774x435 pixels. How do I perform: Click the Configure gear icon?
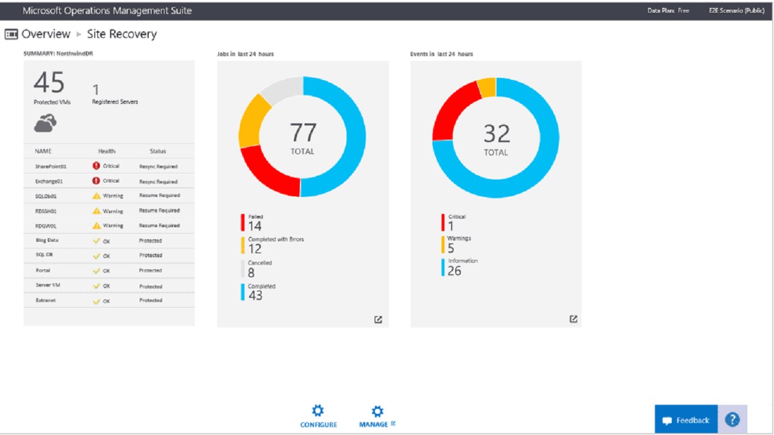pos(318,411)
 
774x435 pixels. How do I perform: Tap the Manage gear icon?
pos(377,411)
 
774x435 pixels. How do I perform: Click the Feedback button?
pos(686,420)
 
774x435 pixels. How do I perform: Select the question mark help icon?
pos(732,419)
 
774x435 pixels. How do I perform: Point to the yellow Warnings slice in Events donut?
pos(487,87)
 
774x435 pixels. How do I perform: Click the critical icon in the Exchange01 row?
pos(96,181)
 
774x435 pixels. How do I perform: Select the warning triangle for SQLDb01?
pos(96,196)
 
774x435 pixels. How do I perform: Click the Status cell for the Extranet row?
pos(151,300)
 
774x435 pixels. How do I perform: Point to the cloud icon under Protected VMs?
pos(45,123)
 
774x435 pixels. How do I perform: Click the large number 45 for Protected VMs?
pos(49,83)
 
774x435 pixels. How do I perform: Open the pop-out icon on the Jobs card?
pos(378,320)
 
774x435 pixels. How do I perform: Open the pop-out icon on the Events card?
pos(573,319)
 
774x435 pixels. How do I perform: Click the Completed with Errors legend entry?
pos(275,239)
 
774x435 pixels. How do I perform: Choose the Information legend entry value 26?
pos(454,271)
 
